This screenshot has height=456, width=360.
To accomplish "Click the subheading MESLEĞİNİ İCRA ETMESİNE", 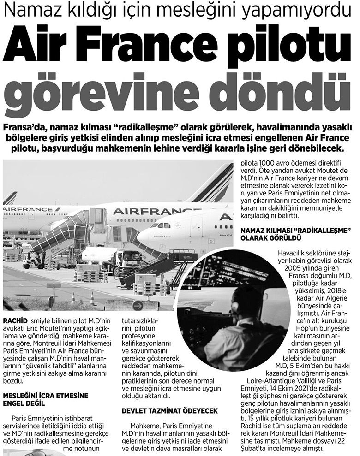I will [x=46, y=396].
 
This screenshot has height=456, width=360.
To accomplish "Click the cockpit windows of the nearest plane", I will [x=162, y=225].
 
